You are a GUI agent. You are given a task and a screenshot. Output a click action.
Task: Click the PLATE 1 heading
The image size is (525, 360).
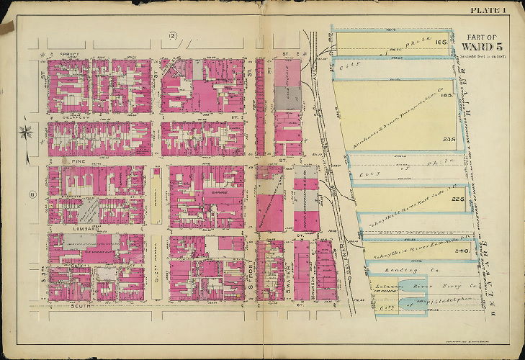489,9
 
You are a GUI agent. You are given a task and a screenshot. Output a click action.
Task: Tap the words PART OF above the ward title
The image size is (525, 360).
481,36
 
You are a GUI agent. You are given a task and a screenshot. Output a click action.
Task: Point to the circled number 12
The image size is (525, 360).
173,35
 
